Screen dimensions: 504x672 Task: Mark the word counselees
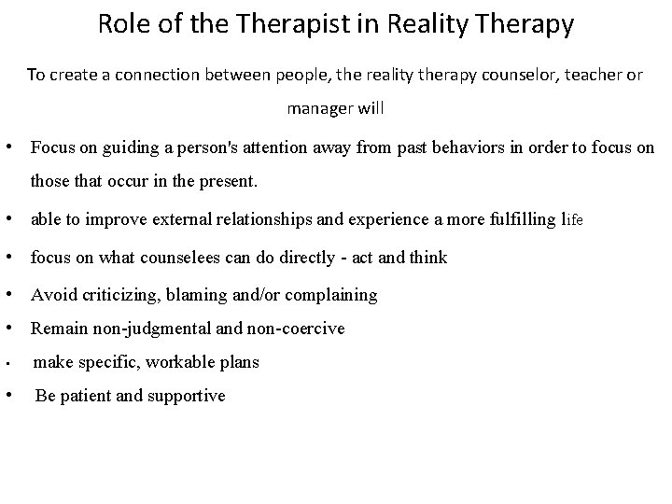[192, 258]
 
